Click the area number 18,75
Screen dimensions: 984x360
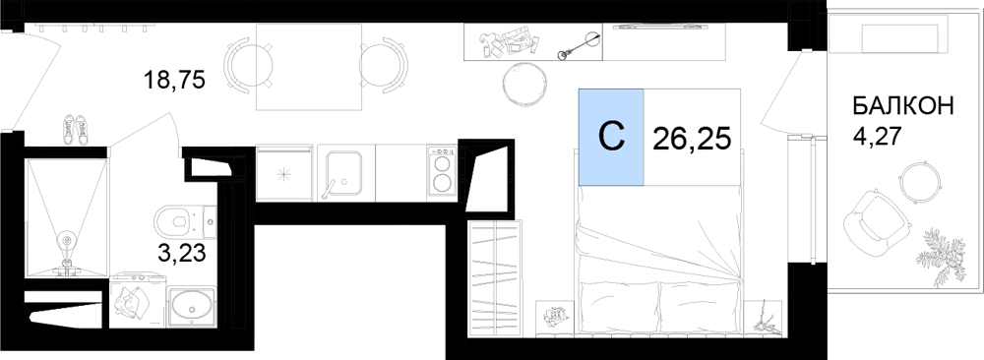[174, 81]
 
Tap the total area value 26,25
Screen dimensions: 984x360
[692, 139]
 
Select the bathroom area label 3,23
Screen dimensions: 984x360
[182, 255]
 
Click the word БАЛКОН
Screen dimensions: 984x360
[903, 106]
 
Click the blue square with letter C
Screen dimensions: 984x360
[611, 138]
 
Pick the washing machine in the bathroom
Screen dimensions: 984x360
[138, 300]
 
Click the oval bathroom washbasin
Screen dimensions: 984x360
[192, 307]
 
